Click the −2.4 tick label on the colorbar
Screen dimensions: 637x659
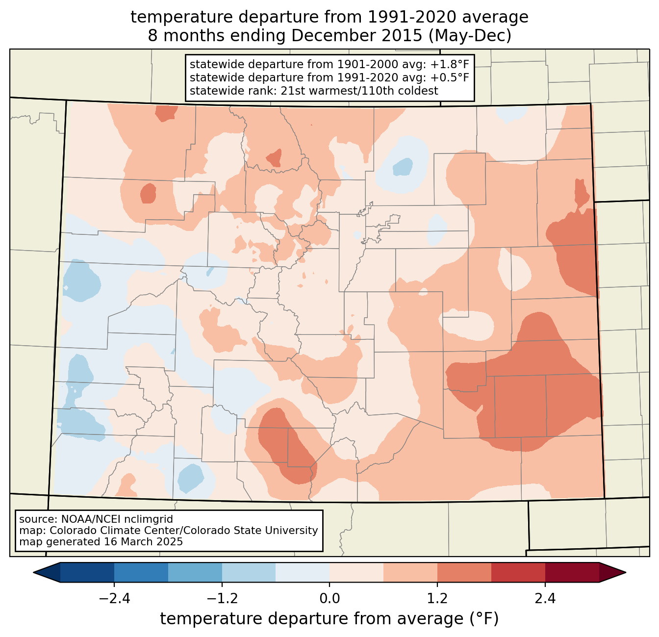[114, 599]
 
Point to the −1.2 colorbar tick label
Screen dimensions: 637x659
[222, 599]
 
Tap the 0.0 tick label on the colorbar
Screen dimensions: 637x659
[329, 599]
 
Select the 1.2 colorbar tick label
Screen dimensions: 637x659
[437, 599]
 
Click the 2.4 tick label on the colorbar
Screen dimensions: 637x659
[545, 599]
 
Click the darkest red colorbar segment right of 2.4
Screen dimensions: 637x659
[572, 572]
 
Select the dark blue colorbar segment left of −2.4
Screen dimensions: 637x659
[87, 572]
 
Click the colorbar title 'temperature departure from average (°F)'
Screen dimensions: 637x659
[329, 619]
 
